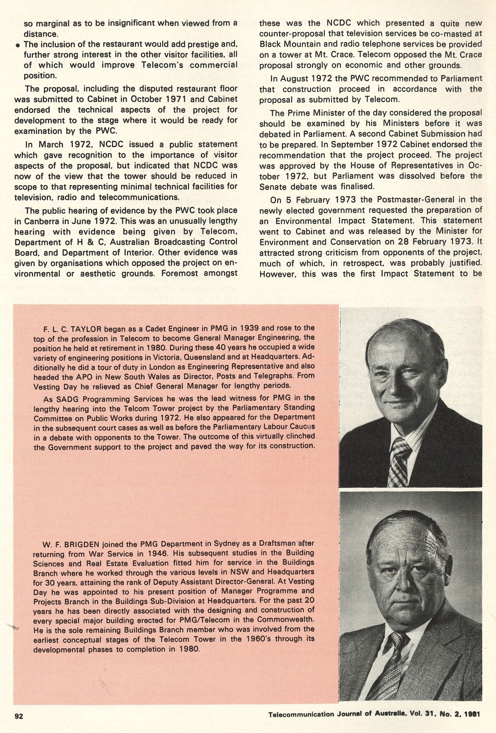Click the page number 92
point(19,715)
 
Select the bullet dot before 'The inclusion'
point(18,45)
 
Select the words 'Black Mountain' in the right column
point(286,45)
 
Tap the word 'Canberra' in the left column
point(38,221)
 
